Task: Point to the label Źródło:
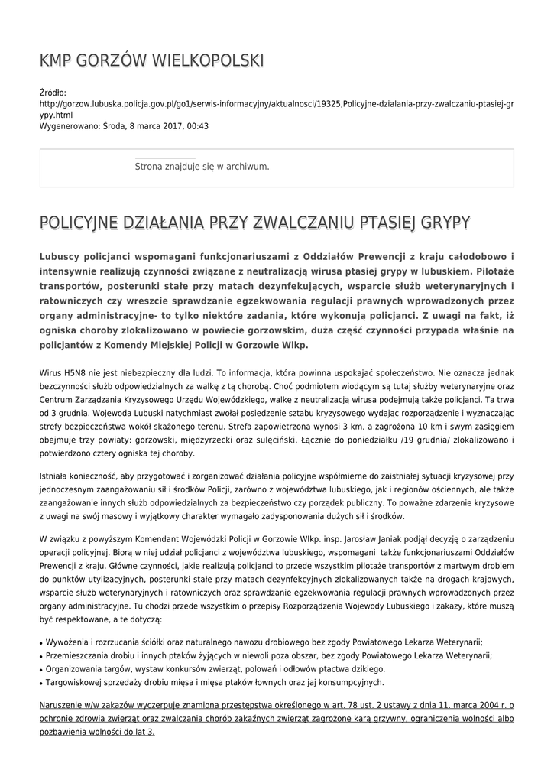pos(53,93)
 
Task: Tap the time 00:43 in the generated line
pos(198,126)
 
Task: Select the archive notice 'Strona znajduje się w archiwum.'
pos(202,166)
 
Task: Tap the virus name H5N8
pos(73,372)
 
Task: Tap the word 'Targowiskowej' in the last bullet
pos(76,682)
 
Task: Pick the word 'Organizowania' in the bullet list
pos(76,669)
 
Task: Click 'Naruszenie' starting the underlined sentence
pos(64,706)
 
